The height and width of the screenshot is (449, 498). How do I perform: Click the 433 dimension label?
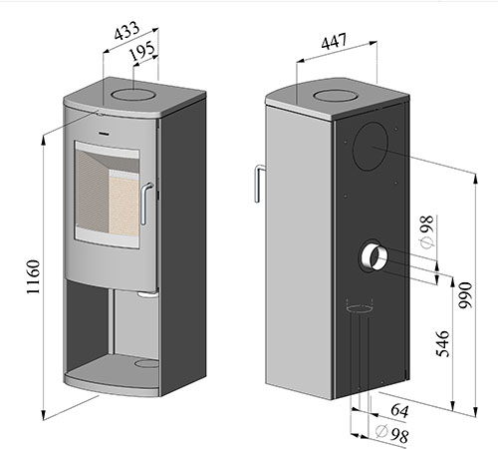(x=126, y=30)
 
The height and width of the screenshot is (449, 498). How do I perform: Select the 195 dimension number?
(x=142, y=51)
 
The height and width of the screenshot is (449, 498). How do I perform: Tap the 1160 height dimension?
(x=33, y=276)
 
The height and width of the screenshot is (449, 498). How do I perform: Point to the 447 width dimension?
(x=334, y=41)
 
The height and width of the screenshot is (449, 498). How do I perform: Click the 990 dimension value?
(x=464, y=295)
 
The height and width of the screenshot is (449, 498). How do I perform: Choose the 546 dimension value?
(x=442, y=343)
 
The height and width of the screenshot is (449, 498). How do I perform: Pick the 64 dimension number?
(x=399, y=410)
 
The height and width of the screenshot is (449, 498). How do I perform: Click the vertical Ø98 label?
(x=426, y=231)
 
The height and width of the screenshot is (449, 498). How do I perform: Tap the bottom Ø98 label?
(x=391, y=433)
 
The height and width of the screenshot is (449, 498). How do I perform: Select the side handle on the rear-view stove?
(x=258, y=184)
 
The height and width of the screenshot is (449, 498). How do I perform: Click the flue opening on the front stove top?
(x=133, y=94)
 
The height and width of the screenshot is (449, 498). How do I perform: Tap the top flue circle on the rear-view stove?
(x=335, y=96)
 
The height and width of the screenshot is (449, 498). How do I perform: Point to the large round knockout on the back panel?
(x=371, y=147)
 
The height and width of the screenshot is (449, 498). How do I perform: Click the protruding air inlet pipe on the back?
(x=373, y=256)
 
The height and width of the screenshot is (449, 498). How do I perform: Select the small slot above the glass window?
(x=103, y=134)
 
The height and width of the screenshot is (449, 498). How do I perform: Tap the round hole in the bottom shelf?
(x=146, y=363)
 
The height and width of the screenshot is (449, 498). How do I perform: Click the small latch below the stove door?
(x=147, y=294)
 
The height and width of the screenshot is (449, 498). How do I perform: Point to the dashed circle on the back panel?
(x=360, y=308)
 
